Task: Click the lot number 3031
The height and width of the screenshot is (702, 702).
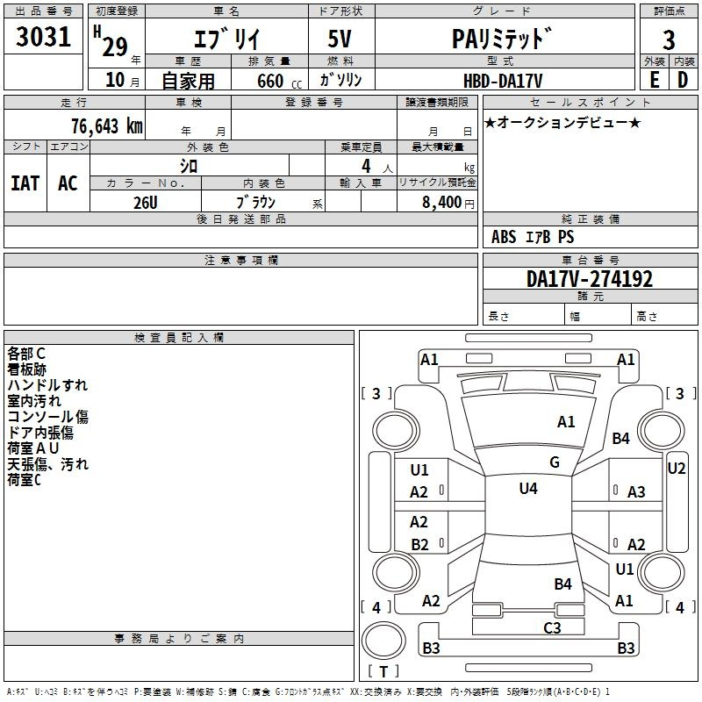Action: (44, 39)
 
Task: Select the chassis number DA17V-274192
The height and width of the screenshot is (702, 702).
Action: (590, 279)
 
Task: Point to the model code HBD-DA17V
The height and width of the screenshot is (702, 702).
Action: (504, 80)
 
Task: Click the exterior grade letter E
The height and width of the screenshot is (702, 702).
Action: (654, 80)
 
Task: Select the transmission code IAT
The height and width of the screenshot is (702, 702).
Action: (25, 183)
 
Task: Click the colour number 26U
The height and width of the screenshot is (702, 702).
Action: (145, 202)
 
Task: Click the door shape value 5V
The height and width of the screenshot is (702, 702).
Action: (341, 39)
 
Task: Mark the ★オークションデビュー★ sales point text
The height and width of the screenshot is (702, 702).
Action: (562, 122)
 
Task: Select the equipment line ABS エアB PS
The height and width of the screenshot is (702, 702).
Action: (533, 237)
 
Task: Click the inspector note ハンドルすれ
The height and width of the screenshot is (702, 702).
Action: (47, 385)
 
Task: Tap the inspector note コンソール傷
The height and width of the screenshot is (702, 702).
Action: (47, 417)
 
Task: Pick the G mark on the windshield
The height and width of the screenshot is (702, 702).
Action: (555, 462)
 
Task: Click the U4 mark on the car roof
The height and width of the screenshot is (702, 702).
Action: (528, 489)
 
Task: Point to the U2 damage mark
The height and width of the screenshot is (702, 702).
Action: (677, 469)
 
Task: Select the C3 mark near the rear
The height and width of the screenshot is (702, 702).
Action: (552, 627)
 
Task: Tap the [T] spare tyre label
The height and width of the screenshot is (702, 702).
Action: (383, 672)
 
